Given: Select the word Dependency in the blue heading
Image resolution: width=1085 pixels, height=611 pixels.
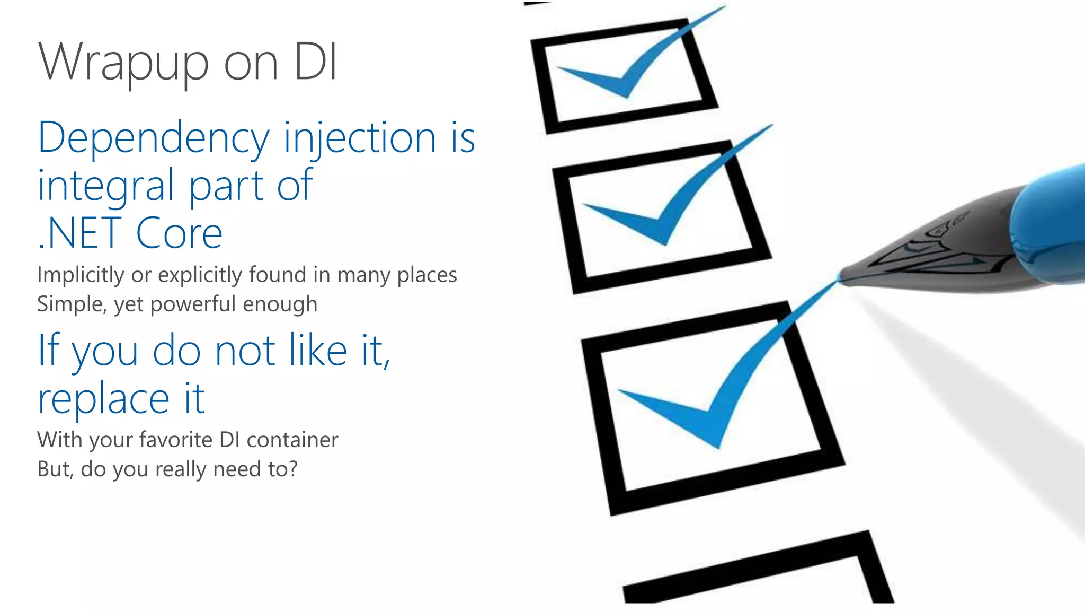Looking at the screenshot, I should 154,138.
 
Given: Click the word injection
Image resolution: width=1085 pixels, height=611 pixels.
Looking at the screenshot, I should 360,138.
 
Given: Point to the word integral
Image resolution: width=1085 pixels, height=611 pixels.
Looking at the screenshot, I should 106,186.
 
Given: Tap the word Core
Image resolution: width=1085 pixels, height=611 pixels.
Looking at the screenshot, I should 179,233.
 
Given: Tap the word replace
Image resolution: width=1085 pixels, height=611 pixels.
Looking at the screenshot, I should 104,399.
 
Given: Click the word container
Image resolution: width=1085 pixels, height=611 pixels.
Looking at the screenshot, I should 292,440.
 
